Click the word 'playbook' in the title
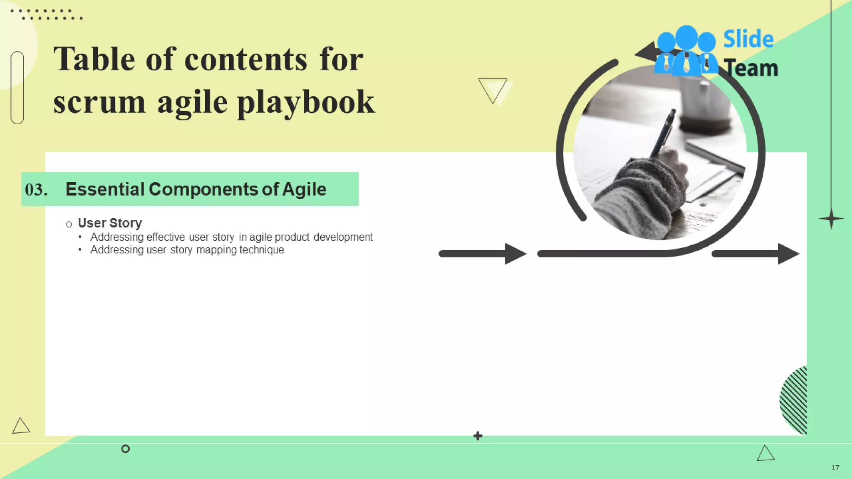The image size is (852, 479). [306, 103]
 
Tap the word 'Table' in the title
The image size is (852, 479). [94, 59]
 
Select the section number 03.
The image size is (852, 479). [36, 190]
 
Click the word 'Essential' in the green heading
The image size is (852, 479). [104, 189]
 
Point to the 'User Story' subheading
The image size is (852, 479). [110, 223]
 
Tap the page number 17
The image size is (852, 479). [835, 468]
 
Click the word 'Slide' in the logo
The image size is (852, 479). [748, 39]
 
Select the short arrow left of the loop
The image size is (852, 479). [483, 254]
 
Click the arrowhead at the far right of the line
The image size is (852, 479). [788, 254]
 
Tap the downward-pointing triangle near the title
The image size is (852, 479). [493, 89]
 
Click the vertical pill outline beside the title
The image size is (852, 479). [17, 87]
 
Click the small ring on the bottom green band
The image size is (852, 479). [125, 449]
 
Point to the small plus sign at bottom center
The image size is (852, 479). [478, 436]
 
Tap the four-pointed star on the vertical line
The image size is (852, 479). [831, 219]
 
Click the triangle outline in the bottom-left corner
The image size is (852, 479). [20, 426]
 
